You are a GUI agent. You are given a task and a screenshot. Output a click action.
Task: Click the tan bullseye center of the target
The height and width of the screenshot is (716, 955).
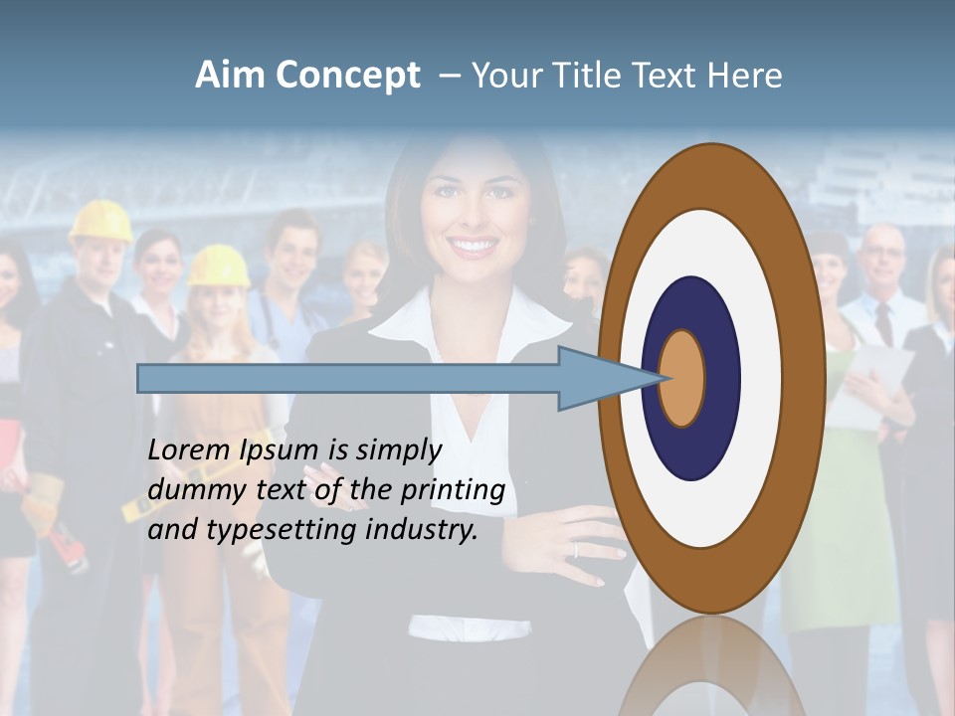tap(681, 379)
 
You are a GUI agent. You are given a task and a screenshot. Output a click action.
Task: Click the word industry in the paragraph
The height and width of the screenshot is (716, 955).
tap(421, 530)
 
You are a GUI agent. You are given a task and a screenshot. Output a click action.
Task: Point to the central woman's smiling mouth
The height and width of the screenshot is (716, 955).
tap(474, 244)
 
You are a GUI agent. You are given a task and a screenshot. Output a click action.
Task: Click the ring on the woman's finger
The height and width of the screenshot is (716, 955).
tap(575, 549)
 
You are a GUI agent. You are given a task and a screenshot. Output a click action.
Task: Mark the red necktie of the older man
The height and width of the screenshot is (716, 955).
tap(883, 324)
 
